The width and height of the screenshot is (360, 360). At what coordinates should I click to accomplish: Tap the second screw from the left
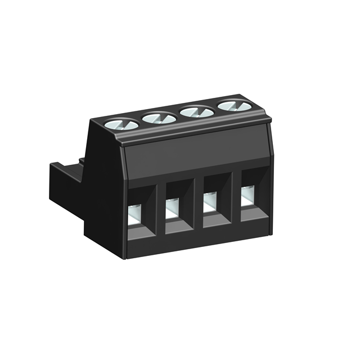click(160, 117)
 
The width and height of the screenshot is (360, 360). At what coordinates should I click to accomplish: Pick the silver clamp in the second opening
click(172, 209)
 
